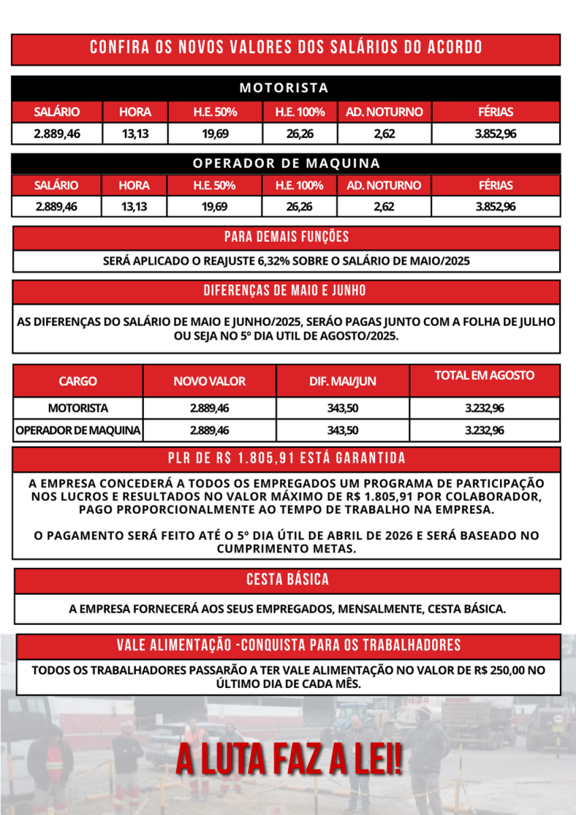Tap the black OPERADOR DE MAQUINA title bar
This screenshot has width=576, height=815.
point(286,164)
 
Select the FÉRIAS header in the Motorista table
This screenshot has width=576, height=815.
point(495,112)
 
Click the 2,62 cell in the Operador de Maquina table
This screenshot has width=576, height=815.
point(384,206)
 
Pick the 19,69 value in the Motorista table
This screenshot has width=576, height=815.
point(215,134)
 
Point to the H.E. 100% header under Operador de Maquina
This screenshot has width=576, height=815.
point(300,185)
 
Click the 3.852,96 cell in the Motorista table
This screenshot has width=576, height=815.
point(495,134)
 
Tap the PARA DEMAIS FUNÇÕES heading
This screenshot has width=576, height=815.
point(287,237)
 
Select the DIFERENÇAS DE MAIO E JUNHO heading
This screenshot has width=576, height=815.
point(285,291)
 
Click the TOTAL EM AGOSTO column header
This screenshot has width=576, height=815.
point(484,375)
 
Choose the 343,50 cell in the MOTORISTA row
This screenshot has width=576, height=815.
point(342,409)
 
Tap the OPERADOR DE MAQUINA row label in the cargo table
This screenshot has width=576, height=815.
point(78,431)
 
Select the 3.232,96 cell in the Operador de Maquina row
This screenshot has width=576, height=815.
point(484,431)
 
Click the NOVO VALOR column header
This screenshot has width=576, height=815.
point(209,382)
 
